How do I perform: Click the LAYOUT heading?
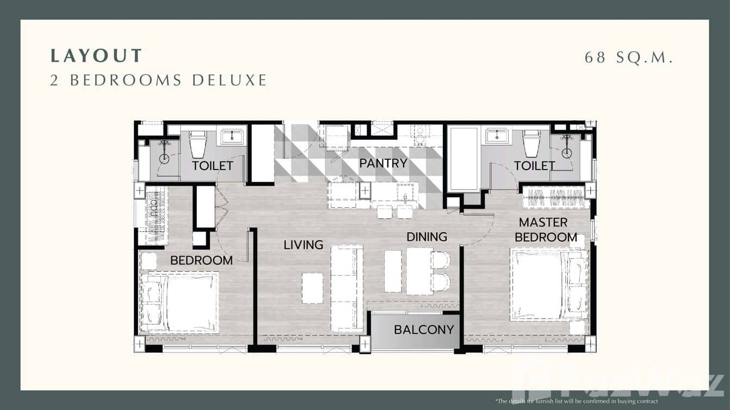click(96, 55)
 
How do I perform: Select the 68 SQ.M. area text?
click(629, 57)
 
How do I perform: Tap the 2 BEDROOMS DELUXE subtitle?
click(158, 80)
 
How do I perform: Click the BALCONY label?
click(424, 330)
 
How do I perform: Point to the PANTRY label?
click(383, 163)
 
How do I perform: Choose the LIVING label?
click(303, 245)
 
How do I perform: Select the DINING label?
click(427, 237)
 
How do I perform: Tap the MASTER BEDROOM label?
click(546, 229)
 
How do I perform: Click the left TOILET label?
click(212, 165)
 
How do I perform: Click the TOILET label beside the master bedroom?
click(534, 165)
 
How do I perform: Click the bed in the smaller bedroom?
click(180, 302)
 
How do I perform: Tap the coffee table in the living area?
click(312, 288)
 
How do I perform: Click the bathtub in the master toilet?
click(463, 158)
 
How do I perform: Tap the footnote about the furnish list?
click(576, 401)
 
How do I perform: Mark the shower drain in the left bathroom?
click(164, 158)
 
